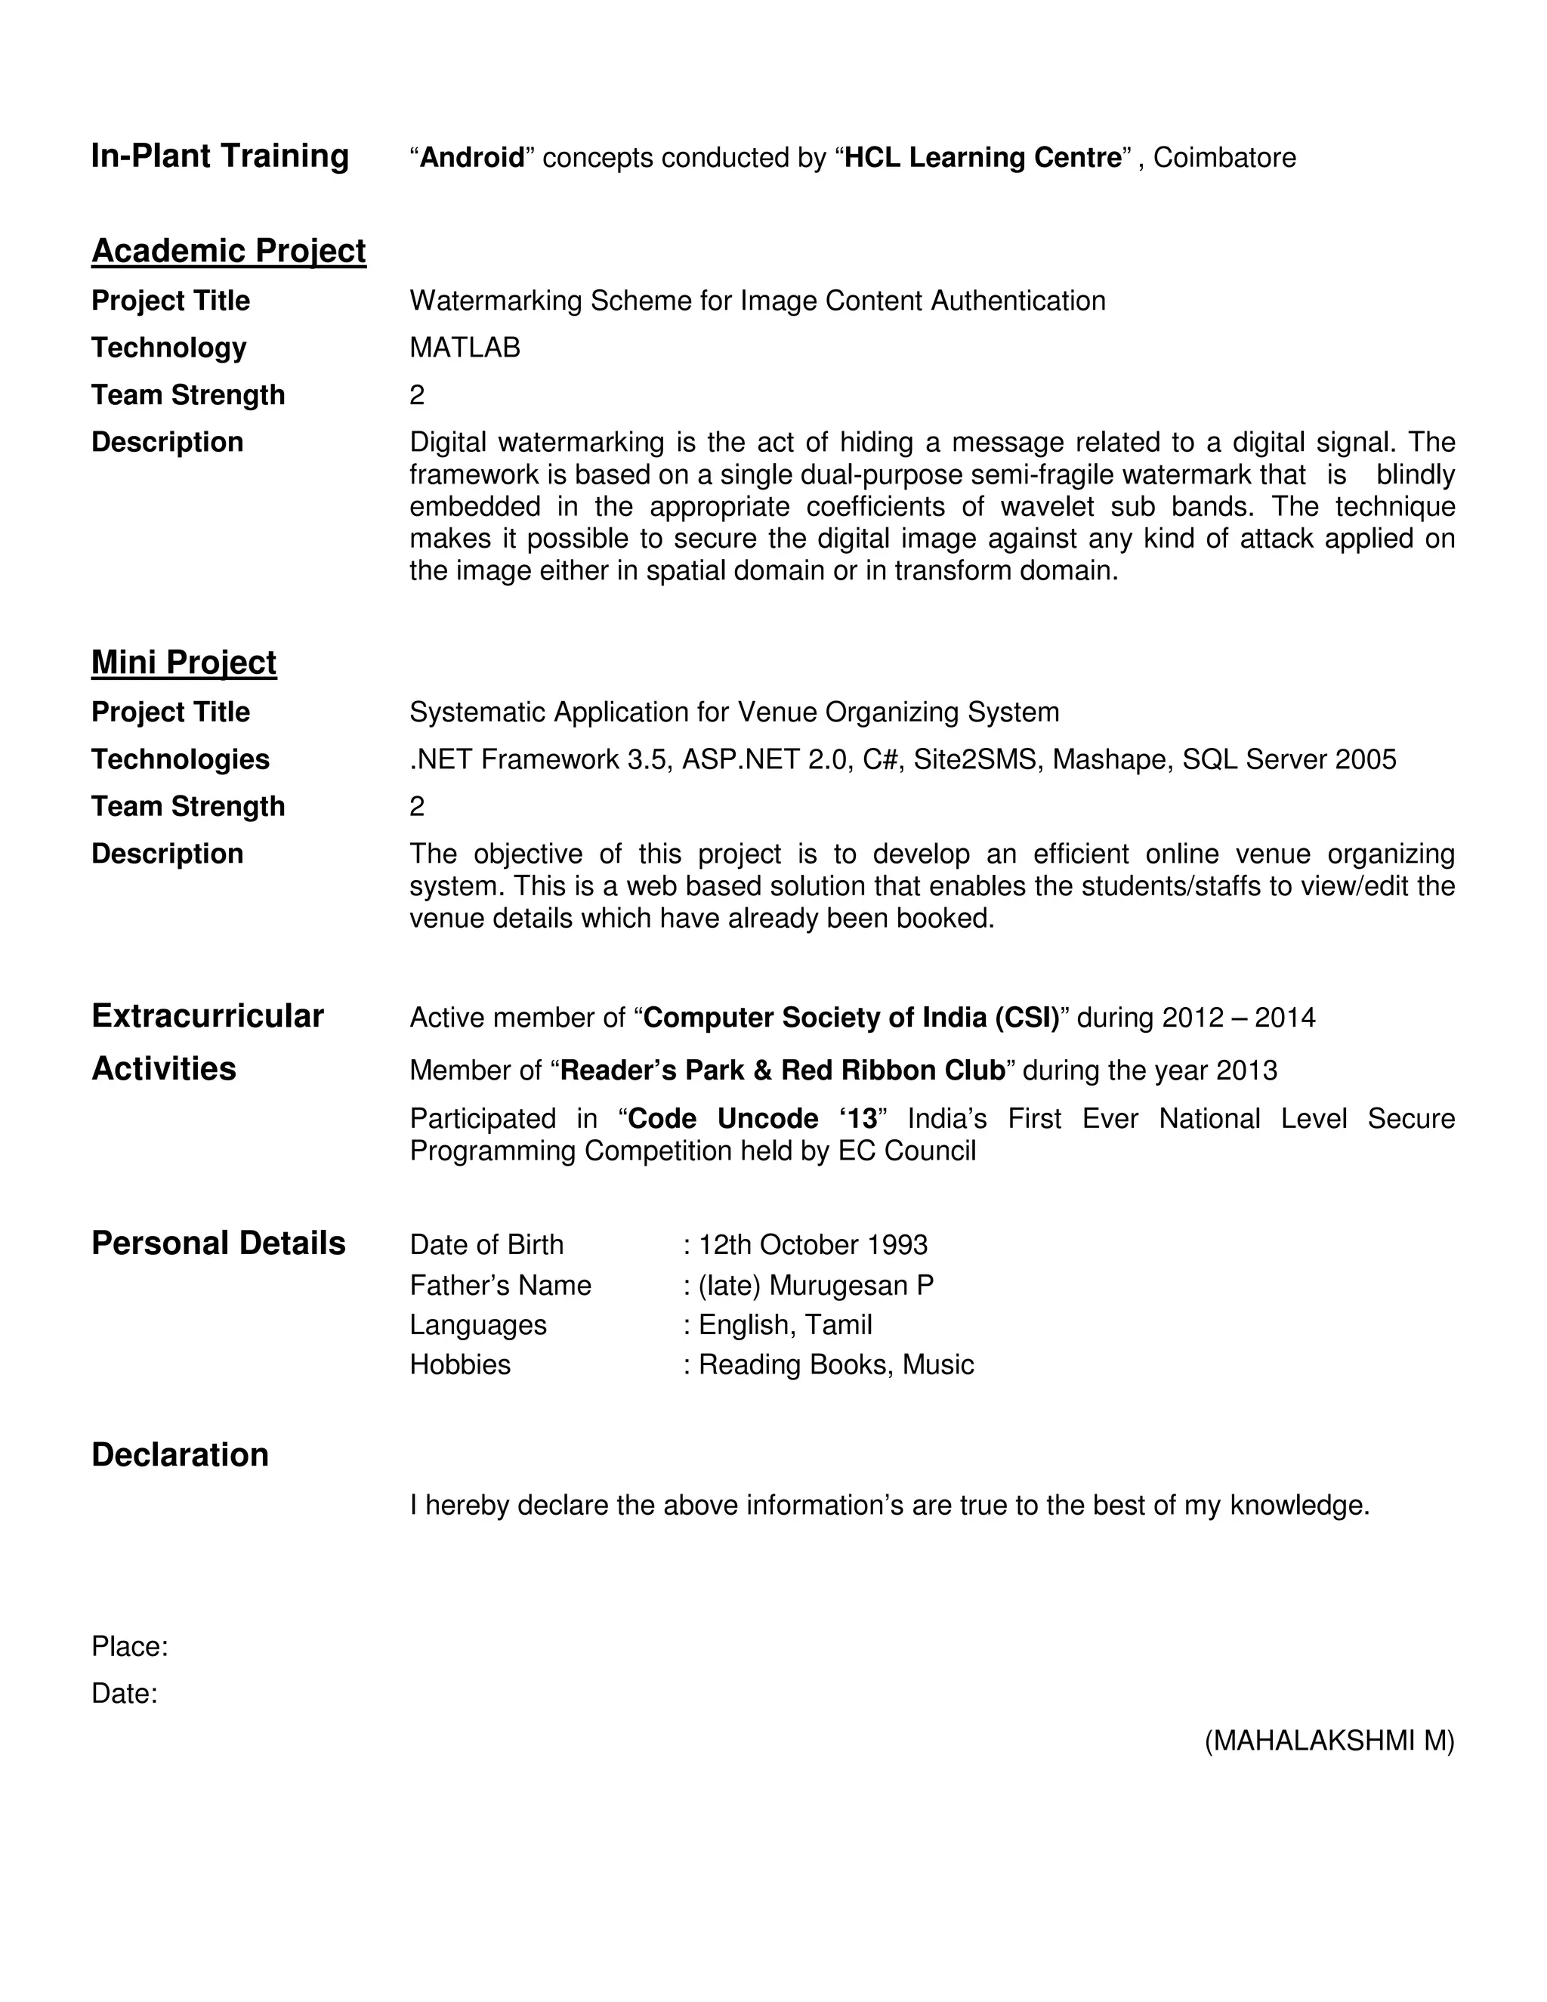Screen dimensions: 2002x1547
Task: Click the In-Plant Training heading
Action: [220, 156]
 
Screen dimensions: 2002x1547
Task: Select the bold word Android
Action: [471, 158]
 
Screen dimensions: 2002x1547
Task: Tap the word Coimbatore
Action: [1224, 158]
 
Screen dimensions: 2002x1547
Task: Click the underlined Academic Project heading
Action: [228, 251]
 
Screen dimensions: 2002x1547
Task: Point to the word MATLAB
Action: [465, 348]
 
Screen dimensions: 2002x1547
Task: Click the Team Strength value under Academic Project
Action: [417, 395]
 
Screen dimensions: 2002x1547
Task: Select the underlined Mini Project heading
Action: [184, 663]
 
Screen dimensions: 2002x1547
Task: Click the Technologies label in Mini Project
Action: [181, 759]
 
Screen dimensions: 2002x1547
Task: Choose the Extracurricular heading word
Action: [207, 1015]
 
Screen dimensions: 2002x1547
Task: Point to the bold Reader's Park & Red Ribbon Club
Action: [782, 1071]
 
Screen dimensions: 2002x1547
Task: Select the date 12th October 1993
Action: [813, 1245]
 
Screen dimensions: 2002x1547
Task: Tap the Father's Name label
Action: [500, 1285]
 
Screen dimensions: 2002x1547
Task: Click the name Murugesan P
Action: [851, 1285]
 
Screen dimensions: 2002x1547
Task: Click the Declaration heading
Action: [180, 1455]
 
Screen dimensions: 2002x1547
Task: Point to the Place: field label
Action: [129, 1646]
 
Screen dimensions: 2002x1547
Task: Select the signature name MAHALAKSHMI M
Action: [1329, 1741]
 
